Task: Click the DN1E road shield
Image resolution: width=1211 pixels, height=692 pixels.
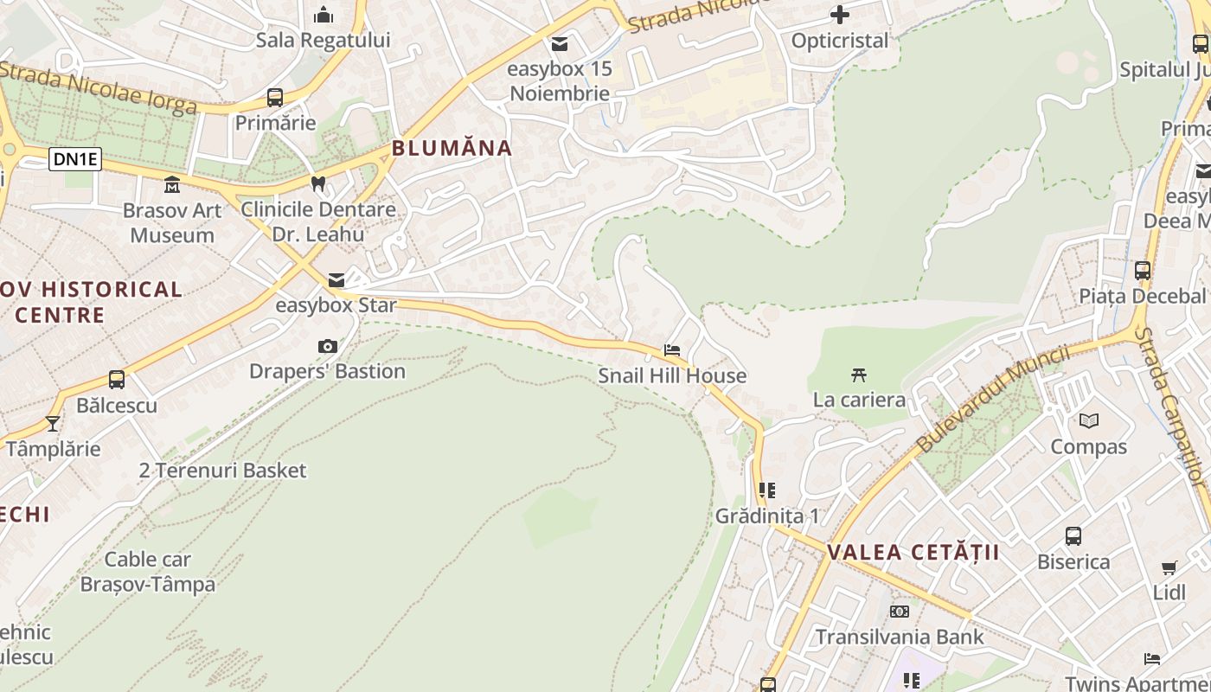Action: [75, 159]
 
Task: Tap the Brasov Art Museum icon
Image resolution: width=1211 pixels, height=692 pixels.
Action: [172, 184]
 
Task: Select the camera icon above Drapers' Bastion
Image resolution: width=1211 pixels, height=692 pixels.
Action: [327, 346]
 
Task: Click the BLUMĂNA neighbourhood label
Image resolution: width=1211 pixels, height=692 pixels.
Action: [452, 148]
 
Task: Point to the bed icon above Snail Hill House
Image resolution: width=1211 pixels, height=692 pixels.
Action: [671, 350]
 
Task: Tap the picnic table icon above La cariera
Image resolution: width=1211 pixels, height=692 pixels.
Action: [859, 375]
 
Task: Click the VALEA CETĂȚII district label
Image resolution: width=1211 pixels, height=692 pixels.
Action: [913, 552]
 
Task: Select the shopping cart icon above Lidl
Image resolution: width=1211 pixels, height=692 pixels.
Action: [1169, 568]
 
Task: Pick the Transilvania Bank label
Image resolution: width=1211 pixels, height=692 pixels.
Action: [900, 638]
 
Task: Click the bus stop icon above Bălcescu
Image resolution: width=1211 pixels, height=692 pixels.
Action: [117, 379]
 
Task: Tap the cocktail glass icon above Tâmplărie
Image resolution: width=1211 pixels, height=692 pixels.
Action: [53, 423]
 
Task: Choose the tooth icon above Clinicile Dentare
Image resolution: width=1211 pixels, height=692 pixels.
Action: [318, 183]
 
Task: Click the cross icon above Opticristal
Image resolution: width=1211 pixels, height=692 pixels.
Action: [839, 15]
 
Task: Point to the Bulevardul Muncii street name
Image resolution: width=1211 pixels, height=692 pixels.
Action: [992, 399]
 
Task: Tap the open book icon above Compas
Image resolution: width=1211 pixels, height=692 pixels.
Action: [1089, 421]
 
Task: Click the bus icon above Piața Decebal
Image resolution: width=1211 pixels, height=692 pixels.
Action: [1143, 270]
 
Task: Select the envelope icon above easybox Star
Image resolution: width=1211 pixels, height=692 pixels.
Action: [336, 279]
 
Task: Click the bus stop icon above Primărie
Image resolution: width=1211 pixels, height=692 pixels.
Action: [275, 97]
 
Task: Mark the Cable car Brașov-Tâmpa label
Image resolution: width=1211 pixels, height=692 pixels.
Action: [148, 572]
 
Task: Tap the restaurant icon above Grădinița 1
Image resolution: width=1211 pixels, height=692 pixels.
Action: [766, 490]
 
